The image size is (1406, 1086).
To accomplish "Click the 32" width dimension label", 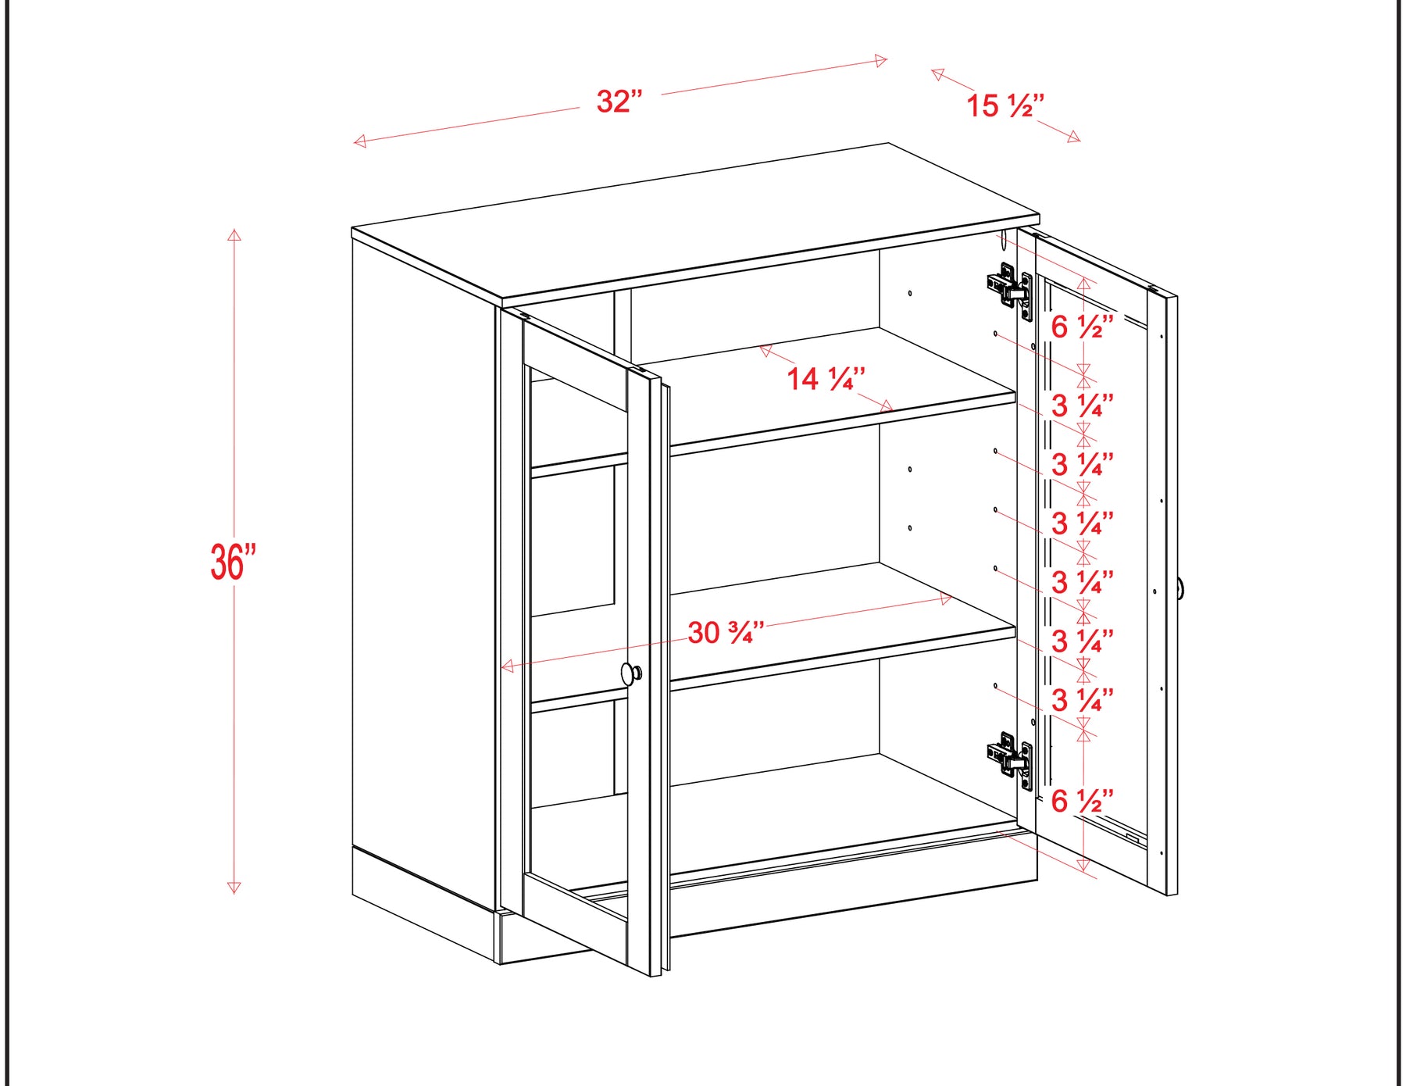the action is click(619, 102).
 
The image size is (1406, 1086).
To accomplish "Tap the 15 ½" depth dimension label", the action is click(1005, 105).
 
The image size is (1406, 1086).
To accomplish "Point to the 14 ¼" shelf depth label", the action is click(826, 379).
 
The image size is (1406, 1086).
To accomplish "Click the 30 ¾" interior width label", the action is click(726, 632).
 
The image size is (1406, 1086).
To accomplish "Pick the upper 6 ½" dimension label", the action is click(1083, 327).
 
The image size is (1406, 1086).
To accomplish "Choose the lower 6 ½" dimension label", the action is click(1083, 801).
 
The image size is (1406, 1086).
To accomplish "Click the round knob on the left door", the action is click(631, 673).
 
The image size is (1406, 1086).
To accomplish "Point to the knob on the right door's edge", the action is click(1181, 588).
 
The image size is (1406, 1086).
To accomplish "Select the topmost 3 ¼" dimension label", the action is click(1083, 405).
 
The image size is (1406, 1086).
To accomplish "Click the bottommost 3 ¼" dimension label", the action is click(1083, 700).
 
